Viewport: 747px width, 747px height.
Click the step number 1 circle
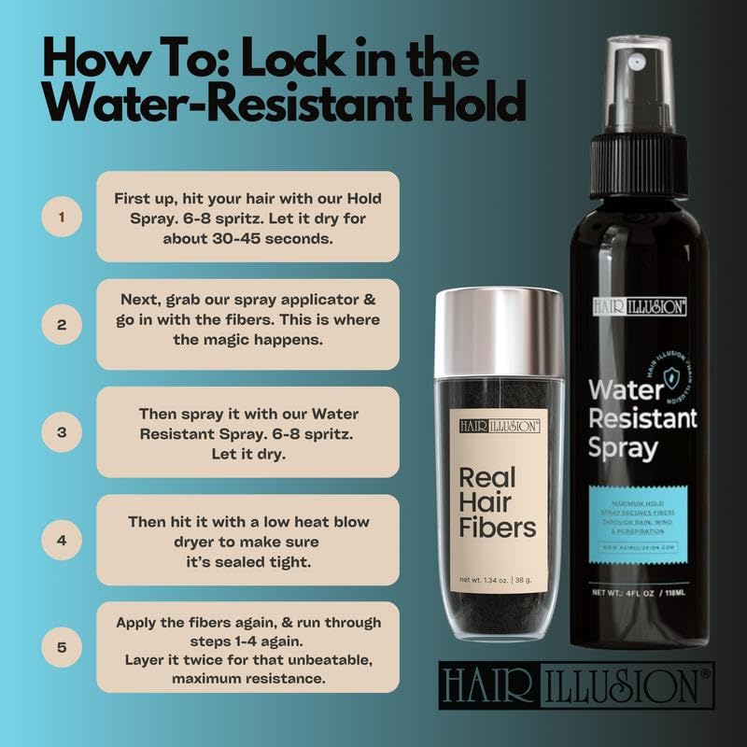click(63, 218)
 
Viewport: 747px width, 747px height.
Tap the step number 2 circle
click(63, 325)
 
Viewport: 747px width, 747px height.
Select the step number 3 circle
click(63, 433)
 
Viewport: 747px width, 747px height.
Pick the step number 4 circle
click(63, 541)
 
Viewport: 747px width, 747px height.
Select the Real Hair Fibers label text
click(498, 503)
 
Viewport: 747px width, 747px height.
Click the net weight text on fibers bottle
click(500, 581)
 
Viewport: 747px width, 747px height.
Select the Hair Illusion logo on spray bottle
click(639, 305)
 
